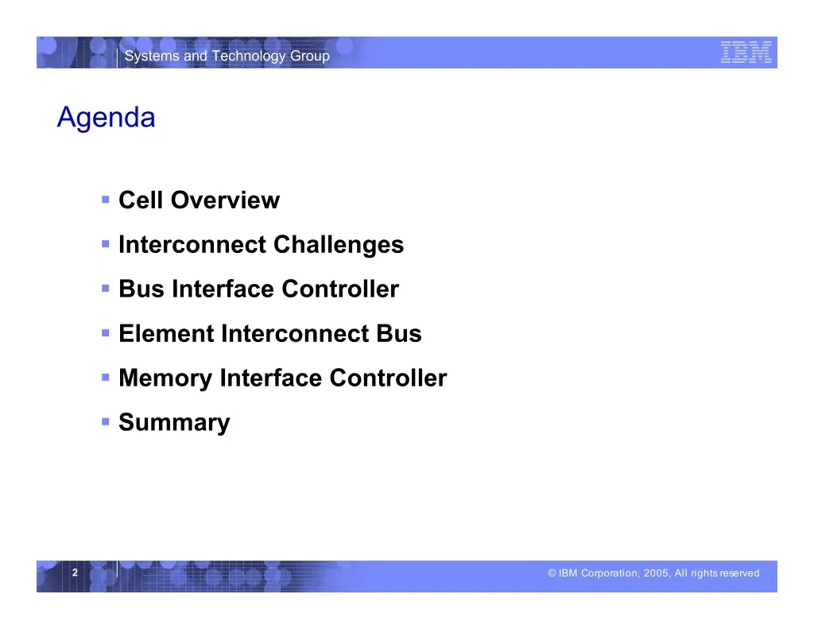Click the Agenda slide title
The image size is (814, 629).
click(106, 118)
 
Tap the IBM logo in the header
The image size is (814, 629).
click(746, 52)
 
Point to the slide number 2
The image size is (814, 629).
click(75, 573)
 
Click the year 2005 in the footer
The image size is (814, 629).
click(656, 573)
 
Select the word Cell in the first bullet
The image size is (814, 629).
click(141, 200)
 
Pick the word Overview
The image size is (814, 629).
click(225, 200)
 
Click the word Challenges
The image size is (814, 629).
click(339, 245)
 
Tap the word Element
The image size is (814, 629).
click(166, 333)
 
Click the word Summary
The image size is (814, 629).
click(174, 423)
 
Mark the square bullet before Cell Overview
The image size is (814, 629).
click(106, 199)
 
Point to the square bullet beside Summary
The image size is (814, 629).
click(106, 421)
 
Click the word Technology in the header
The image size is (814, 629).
click(249, 56)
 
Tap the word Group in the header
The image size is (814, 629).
click(310, 56)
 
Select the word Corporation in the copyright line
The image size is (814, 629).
click(610, 573)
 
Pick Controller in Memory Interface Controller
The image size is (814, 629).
click(388, 379)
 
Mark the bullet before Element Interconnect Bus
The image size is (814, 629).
click(106, 332)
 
